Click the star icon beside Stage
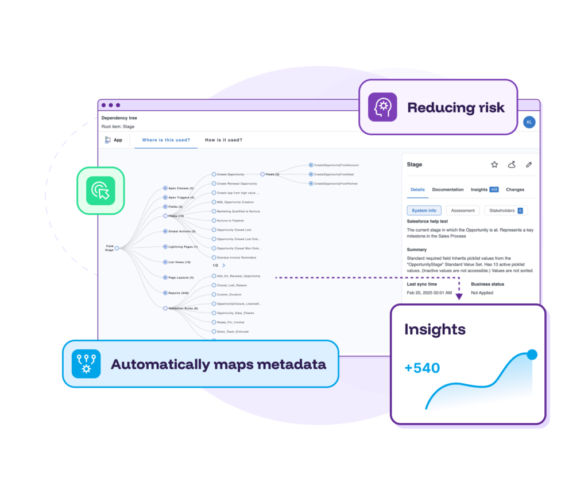pos(494,165)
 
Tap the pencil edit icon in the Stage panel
pos(529,165)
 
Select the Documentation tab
pos(447,189)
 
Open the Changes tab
pos(514,189)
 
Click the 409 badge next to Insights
pos(494,189)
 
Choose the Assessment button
pos(462,211)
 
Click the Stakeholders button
pos(505,211)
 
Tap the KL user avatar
pos(529,122)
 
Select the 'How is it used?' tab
pos(223,140)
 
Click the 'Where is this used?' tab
pos(166,140)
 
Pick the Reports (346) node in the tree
pos(178,293)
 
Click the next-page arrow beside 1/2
pos(224,266)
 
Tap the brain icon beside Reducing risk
pos(382,107)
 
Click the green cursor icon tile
pos(100,191)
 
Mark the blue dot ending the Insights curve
pos(532,354)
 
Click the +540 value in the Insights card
pos(422,368)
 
